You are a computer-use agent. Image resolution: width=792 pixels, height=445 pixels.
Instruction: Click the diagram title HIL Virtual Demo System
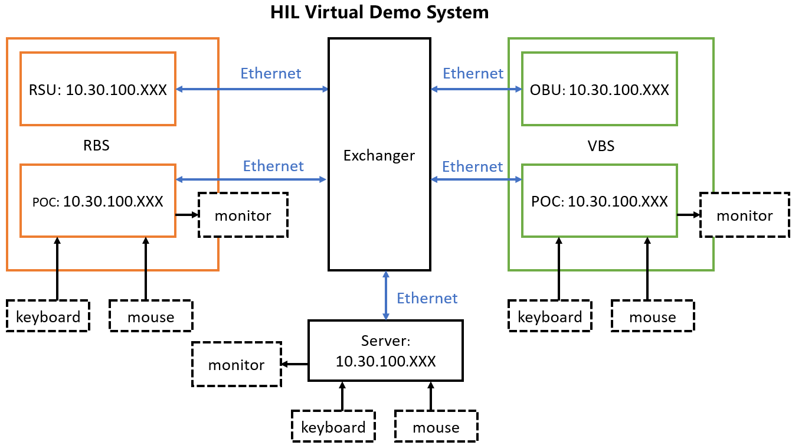pyautogui.click(x=379, y=12)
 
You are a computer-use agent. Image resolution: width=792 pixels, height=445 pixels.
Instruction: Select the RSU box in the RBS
pyautogui.click(x=98, y=89)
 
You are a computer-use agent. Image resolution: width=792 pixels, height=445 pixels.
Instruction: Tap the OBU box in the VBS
pyautogui.click(x=600, y=89)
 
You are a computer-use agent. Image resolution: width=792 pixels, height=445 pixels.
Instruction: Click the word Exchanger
pyautogui.click(x=379, y=156)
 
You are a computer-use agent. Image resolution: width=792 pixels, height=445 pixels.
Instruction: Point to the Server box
pyautogui.click(x=385, y=351)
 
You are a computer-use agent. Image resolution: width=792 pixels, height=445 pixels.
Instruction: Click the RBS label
pyautogui.click(x=97, y=145)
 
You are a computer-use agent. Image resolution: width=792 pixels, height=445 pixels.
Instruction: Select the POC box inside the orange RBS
pyautogui.click(x=98, y=201)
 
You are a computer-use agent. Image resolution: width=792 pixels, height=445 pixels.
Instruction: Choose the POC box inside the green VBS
pyautogui.click(x=600, y=201)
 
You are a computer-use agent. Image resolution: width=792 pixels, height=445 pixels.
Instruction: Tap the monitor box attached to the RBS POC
pyautogui.click(x=243, y=215)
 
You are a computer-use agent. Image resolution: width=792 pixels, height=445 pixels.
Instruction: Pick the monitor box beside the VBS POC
pyautogui.click(x=745, y=215)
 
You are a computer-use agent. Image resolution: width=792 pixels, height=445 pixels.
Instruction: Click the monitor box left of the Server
pyautogui.click(x=236, y=365)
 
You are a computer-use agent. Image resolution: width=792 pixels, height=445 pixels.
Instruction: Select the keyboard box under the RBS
pyautogui.click(x=48, y=316)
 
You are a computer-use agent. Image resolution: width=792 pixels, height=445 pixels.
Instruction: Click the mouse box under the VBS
pyautogui.click(x=653, y=316)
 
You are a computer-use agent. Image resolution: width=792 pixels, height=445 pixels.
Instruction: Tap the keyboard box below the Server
pyautogui.click(x=333, y=426)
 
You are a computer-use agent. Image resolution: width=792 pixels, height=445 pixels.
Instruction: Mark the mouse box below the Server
pyautogui.click(x=436, y=426)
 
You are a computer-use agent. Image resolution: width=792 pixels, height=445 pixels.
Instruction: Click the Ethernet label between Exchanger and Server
pyautogui.click(x=427, y=298)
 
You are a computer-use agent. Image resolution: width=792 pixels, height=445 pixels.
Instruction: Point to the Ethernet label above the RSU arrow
pyautogui.click(x=271, y=73)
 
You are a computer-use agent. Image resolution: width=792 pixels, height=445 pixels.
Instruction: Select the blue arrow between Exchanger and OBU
pyautogui.click(x=476, y=90)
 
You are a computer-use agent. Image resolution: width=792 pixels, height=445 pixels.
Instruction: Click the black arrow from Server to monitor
pyautogui.click(x=295, y=364)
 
